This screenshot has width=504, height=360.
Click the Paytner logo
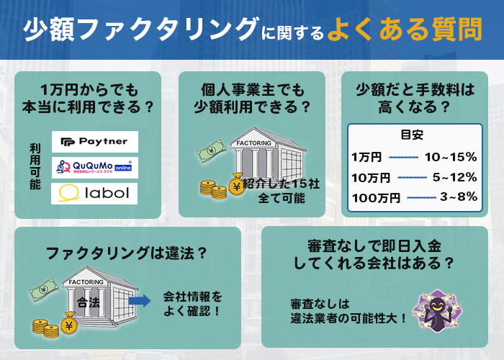[x=94, y=142]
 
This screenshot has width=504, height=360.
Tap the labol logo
[x=94, y=193]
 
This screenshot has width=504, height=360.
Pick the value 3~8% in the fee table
[x=458, y=197]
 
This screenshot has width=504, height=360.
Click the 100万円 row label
[x=373, y=197]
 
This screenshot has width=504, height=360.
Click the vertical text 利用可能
[x=35, y=165]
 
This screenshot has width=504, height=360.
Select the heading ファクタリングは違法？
[x=127, y=253]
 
